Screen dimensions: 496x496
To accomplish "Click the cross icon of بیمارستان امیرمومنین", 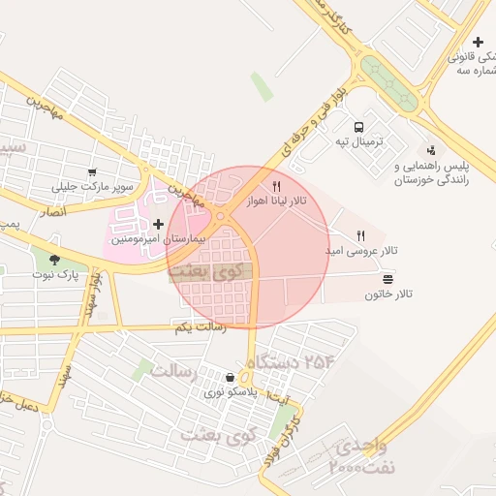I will click(158, 224).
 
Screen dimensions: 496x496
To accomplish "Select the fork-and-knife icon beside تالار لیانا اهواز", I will click(277, 185).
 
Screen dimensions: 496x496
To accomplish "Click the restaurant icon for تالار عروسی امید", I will click(361, 235).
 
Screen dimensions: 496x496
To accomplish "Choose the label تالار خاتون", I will click(388, 294).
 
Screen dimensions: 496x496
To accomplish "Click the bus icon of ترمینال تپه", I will click(359, 127).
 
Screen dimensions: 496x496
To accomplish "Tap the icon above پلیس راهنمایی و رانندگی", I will click(430, 150).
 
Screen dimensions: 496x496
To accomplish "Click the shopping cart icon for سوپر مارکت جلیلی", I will click(93, 171).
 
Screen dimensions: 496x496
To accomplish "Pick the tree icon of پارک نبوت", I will click(53, 260).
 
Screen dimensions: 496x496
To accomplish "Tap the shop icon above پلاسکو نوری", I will click(229, 378).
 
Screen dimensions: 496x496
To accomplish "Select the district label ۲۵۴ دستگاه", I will click(291, 362).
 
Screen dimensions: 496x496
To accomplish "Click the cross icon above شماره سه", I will click(478, 42).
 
